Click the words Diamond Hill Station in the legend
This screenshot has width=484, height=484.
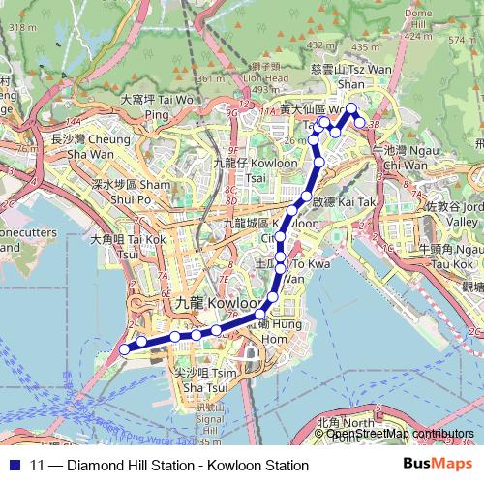123,466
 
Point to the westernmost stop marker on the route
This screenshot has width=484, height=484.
123,349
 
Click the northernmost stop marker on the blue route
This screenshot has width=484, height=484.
352,108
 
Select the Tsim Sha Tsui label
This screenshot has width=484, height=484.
198,378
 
